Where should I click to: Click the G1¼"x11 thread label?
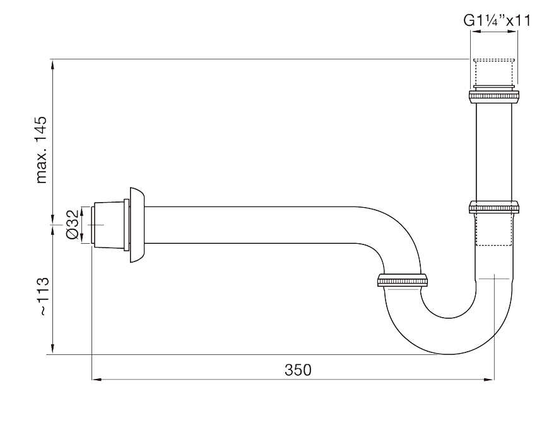[x=497, y=21]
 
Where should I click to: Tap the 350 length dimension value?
[x=297, y=369]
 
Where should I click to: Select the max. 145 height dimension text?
[x=42, y=149]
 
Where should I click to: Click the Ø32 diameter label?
[x=72, y=225]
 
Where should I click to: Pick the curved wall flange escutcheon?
[x=137, y=225]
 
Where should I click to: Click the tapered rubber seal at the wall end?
[x=109, y=225]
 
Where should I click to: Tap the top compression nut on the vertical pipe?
[x=494, y=96]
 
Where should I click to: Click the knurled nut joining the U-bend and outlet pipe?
[x=403, y=280]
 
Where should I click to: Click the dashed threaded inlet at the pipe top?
[x=494, y=71]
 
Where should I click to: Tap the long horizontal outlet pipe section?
[x=252, y=225]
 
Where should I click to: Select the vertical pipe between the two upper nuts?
[x=494, y=152]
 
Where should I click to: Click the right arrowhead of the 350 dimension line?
[x=490, y=380]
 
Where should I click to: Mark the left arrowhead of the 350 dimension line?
[x=96, y=380]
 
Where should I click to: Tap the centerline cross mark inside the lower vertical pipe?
[x=494, y=276]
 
